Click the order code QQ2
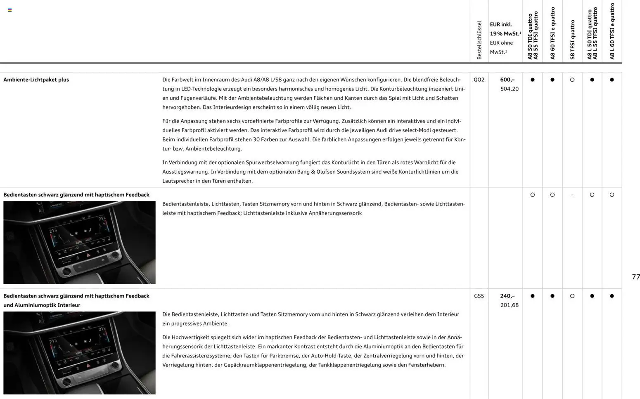(x=479, y=80)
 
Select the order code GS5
(x=479, y=296)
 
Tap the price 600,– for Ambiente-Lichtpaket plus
(x=507, y=80)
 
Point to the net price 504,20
(x=509, y=89)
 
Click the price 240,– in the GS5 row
(x=507, y=296)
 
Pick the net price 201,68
(x=509, y=305)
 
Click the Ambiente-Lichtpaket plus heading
(x=36, y=80)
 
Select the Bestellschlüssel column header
(x=479, y=40)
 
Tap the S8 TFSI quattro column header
(x=572, y=40)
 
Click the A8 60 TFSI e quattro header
(x=552, y=33)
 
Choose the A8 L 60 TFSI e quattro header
(x=612, y=31)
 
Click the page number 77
(x=636, y=277)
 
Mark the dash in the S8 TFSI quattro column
(x=572, y=195)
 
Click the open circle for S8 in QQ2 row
(x=572, y=80)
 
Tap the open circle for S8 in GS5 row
(x=572, y=296)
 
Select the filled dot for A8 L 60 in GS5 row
(x=612, y=296)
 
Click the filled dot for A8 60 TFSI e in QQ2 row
(x=552, y=80)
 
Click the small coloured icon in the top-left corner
(x=10, y=10)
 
